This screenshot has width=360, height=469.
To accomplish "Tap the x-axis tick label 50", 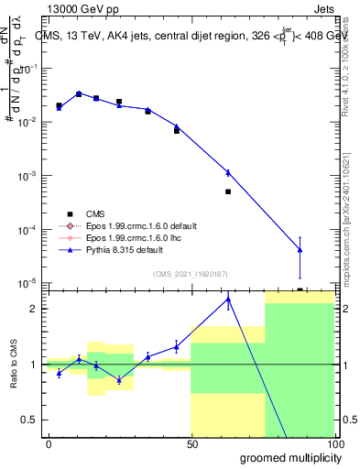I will point(192,445).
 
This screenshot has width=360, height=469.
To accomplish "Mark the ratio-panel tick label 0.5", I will point(29,420).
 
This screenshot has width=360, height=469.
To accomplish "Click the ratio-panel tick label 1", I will point(34,365).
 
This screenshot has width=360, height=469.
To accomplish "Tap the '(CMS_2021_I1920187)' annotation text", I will point(191,272).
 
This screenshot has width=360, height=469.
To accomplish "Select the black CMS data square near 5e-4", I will point(228,191).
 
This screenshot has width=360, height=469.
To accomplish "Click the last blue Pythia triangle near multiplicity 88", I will point(300,249).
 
